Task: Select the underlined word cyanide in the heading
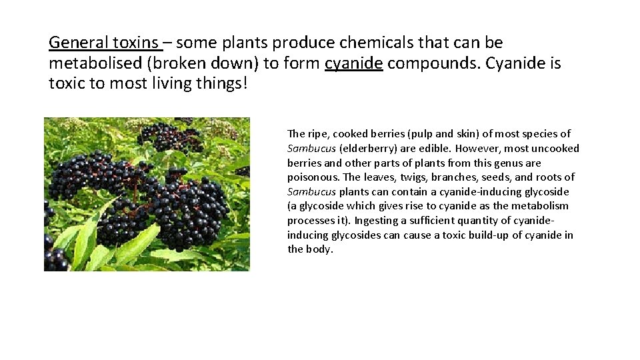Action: (x=354, y=64)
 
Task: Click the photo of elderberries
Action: (x=147, y=194)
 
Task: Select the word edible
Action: (x=436, y=149)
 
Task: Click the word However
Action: (x=479, y=149)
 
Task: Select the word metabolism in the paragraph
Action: (x=541, y=206)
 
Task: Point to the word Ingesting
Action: (x=379, y=221)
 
